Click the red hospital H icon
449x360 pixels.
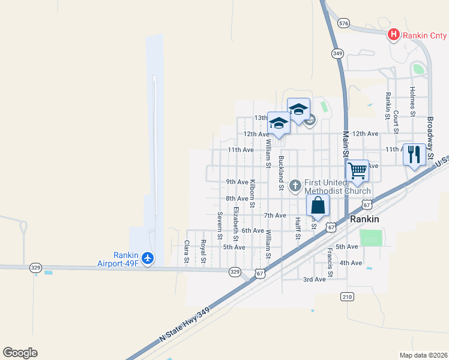pyautogui.click(x=393, y=34)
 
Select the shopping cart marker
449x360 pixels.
pyautogui.click(x=357, y=170)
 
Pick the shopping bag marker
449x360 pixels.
pyautogui.click(x=318, y=205)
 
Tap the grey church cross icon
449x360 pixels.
pyautogui.click(x=295, y=186)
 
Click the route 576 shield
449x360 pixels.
pyautogui.click(x=343, y=23)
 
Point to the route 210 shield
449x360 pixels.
pyautogui.click(x=347, y=296)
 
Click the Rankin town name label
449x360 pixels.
pyautogui.click(x=364, y=219)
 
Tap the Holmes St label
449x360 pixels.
pyautogui.click(x=412, y=101)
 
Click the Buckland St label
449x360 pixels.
pyautogui.click(x=281, y=173)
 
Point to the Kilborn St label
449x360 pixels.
pyautogui.click(x=253, y=193)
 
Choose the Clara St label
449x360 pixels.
pyautogui.click(x=187, y=252)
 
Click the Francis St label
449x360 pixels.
pyautogui.click(x=330, y=259)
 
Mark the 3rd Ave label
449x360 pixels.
pyautogui.click(x=315, y=279)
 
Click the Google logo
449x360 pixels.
pyautogui.click(x=20, y=353)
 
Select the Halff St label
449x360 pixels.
pyautogui.click(x=297, y=227)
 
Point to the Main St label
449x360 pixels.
pyautogui.click(x=346, y=144)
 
